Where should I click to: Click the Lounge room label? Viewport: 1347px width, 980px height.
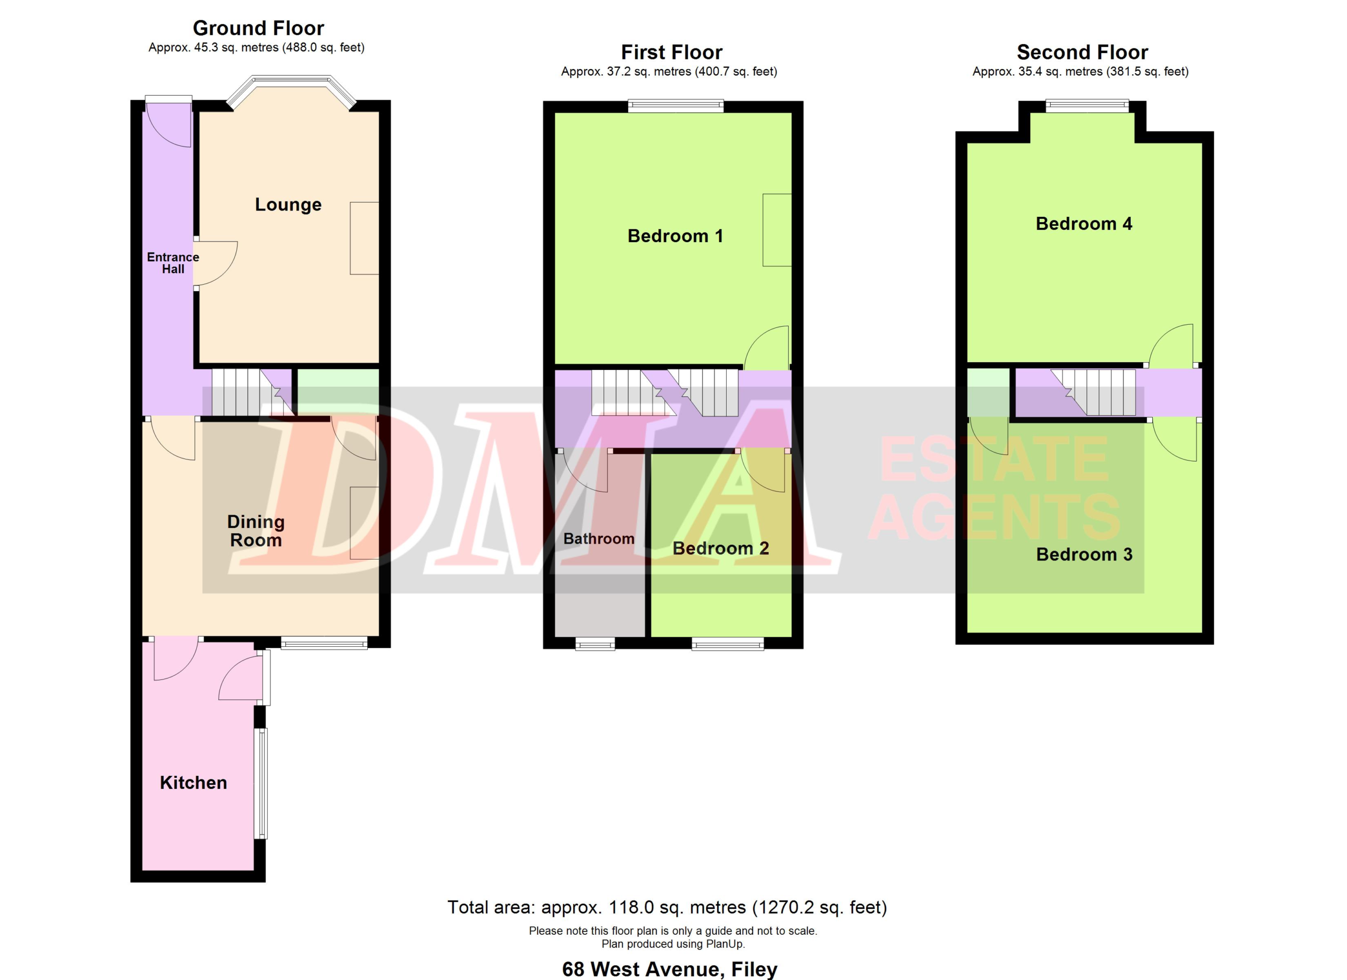288,205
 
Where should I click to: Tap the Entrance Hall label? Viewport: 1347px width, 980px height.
173,263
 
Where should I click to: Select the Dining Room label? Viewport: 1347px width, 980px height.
256,531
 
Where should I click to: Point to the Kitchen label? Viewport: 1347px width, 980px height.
194,783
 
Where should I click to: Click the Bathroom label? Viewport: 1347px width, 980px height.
599,539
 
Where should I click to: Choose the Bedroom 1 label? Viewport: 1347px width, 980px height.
675,236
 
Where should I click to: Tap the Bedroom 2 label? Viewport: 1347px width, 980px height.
720,548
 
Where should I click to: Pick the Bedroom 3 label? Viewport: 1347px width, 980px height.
1084,554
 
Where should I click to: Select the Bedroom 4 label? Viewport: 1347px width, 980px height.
1084,223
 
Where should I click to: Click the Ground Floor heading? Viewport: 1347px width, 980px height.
258,28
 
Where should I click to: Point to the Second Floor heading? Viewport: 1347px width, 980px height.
1082,52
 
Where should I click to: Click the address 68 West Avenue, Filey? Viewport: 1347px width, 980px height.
669,969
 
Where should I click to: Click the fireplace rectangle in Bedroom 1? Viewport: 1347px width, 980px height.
777,230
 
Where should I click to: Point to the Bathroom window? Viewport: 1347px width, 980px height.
595,644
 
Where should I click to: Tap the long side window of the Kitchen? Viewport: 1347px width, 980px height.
261,783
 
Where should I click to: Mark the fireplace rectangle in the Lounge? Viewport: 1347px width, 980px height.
364,238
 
